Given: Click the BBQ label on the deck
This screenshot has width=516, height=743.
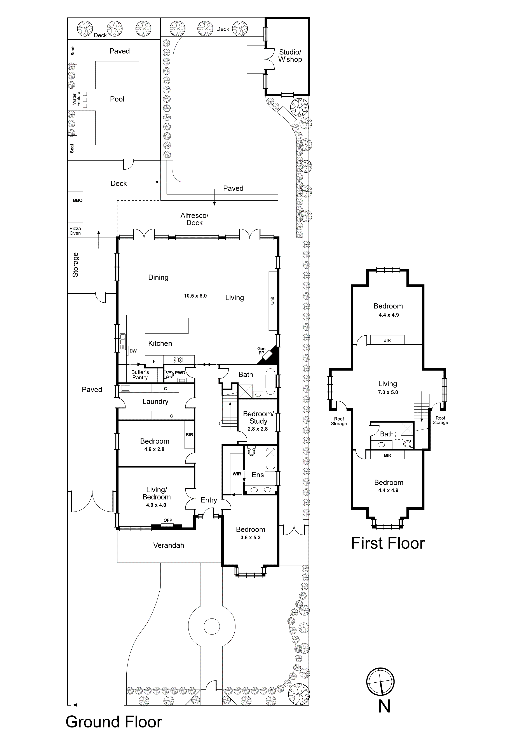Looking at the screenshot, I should (x=78, y=200).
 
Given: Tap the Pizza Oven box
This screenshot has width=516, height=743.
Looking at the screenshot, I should (x=75, y=231).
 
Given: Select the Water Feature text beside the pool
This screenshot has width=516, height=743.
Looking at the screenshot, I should (x=76, y=99).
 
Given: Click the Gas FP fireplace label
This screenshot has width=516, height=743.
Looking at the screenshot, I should (x=261, y=351).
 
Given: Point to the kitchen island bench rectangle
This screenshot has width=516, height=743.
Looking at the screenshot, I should (x=167, y=326).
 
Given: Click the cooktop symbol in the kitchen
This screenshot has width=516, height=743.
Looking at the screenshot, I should (x=178, y=360).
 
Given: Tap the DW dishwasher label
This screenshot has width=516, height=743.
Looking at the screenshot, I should (x=133, y=351).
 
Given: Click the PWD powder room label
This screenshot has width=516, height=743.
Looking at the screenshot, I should (x=180, y=373).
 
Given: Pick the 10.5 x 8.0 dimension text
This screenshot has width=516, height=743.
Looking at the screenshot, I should (x=195, y=296).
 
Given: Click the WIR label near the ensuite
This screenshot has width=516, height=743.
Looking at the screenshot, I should (x=237, y=474).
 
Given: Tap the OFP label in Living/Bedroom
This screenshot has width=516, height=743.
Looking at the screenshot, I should (x=168, y=520).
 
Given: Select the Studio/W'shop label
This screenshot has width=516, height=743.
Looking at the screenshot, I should (x=290, y=56).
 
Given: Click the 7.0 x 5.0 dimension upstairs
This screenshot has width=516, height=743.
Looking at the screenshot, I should (x=388, y=392).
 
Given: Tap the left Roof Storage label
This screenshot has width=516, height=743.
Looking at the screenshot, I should (x=339, y=421).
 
